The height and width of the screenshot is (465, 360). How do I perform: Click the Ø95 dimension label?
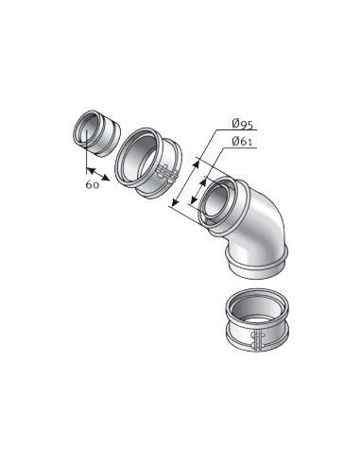(242, 124)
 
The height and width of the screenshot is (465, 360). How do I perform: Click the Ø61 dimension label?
(242, 142)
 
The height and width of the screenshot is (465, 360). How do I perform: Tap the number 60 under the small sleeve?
(93, 184)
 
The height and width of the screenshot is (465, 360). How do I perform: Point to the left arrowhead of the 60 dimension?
(90, 170)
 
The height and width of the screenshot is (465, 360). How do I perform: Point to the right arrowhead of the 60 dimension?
(106, 178)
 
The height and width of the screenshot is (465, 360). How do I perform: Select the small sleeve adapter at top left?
(96, 133)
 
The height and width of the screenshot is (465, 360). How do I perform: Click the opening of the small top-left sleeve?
(85, 129)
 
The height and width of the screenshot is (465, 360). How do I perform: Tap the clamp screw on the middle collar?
(168, 172)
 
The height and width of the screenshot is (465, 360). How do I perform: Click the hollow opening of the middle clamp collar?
(139, 159)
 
